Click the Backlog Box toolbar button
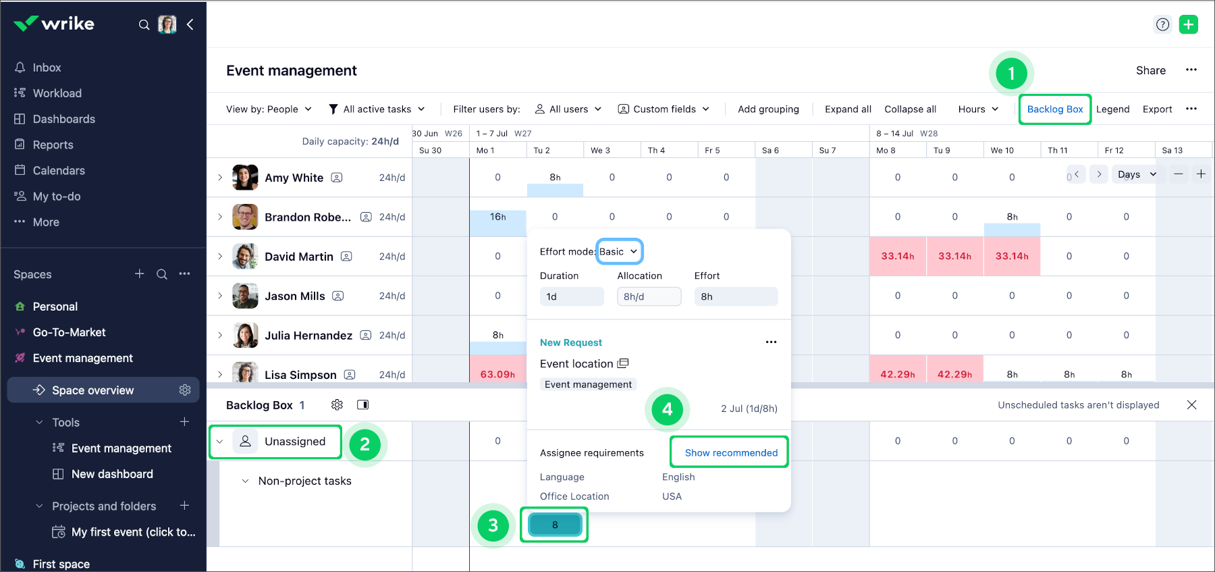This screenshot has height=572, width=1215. click(1054, 109)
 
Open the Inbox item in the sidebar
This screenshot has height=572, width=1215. click(47, 68)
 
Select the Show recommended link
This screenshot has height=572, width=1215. click(731, 452)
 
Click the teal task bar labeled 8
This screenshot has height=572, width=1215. click(555, 525)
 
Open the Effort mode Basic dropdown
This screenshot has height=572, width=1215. click(619, 252)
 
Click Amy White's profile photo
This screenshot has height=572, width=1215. click(245, 178)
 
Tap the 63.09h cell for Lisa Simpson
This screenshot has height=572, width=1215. click(497, 374)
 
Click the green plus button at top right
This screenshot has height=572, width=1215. click(1188, 25)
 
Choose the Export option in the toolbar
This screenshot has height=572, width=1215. click(1157, 109)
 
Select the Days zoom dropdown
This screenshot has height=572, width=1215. click(1137, 174)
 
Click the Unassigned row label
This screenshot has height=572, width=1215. click(294, 442)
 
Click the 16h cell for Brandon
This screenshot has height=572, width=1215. click(497, 217)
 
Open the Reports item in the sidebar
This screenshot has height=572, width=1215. click(53, 145)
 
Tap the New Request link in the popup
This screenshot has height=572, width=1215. click(571, 342)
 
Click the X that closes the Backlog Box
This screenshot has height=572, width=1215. click(1191, 405)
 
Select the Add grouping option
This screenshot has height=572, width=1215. click(768, 109)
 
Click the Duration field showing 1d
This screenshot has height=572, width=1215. click(571, 296)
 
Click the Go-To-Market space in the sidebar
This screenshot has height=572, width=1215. click(69, 332)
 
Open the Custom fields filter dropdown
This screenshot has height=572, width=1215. click(664, 109)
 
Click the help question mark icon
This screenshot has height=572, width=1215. click(1162, 25)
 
